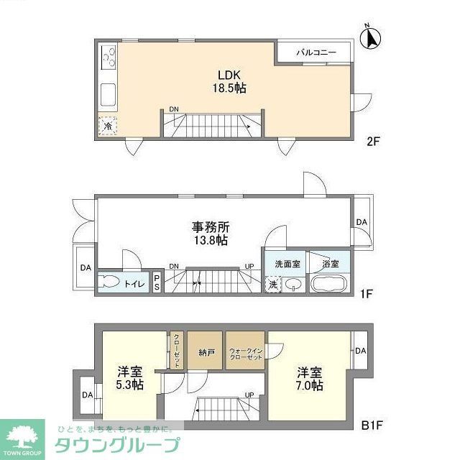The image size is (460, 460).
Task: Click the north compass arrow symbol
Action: (x=372, y=38)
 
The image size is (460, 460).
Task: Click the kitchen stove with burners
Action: (x=109, y=55)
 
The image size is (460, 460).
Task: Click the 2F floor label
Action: (x=372, y=141)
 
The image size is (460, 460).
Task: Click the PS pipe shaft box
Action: (x=157, y=282)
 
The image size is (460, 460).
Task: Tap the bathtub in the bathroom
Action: (x=329, y=283)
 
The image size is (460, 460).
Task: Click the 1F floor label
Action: (x=367, y=294)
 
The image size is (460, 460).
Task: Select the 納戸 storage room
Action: (x=206, y=351)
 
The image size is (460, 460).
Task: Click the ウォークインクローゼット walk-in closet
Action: (x=246, y=352)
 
